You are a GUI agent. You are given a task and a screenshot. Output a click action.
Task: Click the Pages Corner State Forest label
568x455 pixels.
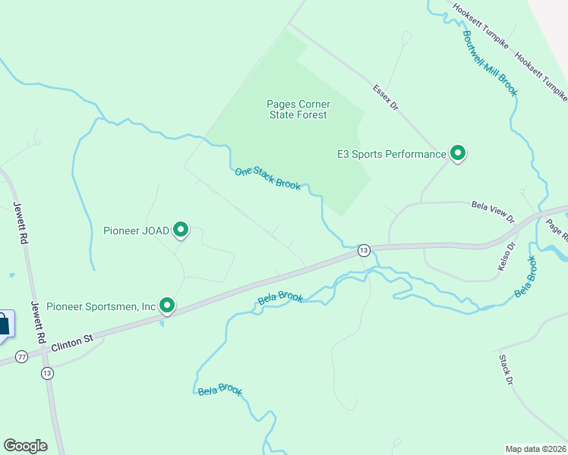(298, 109)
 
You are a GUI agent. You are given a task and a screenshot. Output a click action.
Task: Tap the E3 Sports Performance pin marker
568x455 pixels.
(458, 153)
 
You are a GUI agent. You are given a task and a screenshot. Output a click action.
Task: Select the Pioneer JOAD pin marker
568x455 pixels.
(181, 229)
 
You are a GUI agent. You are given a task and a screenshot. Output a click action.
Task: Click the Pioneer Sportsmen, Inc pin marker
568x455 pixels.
(167, 306)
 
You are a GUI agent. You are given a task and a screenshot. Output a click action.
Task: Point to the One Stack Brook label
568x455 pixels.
(268, 178)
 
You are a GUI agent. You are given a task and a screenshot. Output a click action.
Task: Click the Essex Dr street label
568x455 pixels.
(386, 97)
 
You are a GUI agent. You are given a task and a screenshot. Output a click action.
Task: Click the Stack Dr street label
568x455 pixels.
(506, 369)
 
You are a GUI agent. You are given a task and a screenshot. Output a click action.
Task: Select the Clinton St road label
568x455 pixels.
(72, 341)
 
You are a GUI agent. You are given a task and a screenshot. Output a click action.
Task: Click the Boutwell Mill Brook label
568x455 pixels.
(490, 52)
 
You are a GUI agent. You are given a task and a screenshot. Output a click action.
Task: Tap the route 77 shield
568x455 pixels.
(22, 356)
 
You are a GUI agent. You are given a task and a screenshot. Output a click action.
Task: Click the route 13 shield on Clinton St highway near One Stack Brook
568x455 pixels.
(364, 250)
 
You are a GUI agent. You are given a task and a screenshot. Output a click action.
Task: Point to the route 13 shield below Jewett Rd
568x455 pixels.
(48, 372)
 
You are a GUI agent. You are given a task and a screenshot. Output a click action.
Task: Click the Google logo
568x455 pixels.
(25, 446)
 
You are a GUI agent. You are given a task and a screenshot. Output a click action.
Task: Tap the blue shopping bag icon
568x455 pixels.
(4, 324)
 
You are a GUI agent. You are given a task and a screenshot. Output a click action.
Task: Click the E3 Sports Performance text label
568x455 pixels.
(392, 154)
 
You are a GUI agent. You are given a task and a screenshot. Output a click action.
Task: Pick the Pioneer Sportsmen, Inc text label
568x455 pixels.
(101, 306)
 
